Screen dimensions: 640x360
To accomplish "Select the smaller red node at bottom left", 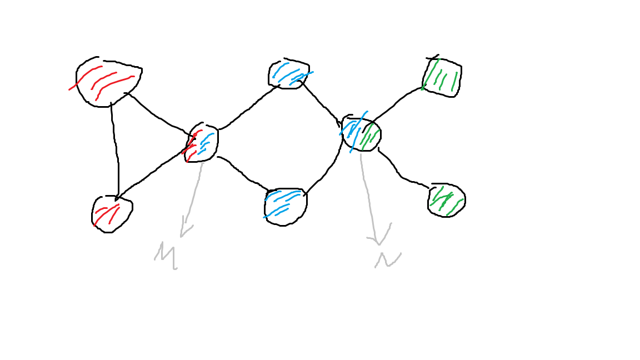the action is pyautogui.click(x=111, y=213).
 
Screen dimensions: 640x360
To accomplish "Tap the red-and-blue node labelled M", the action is pyautogui.click(x=201, y=142).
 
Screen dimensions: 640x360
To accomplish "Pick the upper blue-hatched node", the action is pyautogui.click(x=288, y=74).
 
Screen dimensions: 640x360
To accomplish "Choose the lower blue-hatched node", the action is pyautogui.click(x=285, y=206).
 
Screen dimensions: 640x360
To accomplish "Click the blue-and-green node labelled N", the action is pyautogui.click(x=361, y=134).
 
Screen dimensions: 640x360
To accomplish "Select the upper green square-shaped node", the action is pyautogui.click(x=442, y=77).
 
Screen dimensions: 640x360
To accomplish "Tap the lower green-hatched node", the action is pyautogui.click(x=447, y=200).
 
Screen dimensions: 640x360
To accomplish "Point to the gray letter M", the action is pyautogui.click(x=166, y=256).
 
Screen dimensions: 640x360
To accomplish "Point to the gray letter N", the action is pyautogui.click(x=387, y=259).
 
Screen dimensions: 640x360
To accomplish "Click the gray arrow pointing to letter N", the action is pyautogui.click(x=368, y=194).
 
